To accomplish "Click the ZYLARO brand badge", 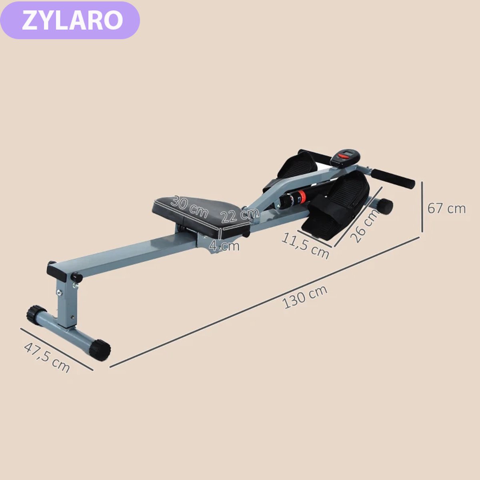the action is point(70,20).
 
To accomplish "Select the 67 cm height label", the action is point(446,208).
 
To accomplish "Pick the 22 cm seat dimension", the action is point(240,215).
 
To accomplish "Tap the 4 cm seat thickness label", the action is point(224,246).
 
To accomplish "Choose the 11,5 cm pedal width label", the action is point(305,246).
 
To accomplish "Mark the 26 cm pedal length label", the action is point(364,226).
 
